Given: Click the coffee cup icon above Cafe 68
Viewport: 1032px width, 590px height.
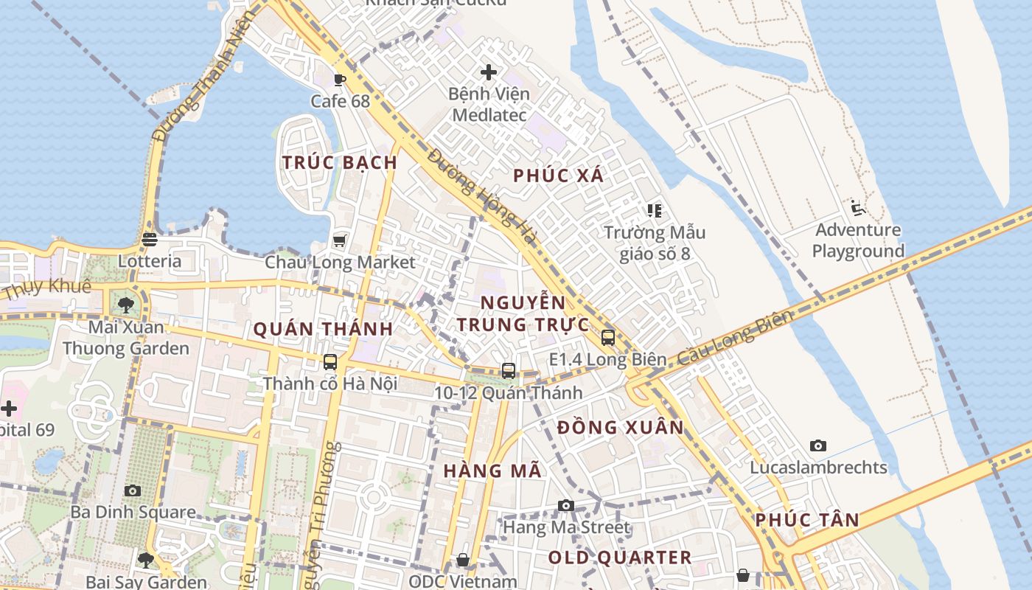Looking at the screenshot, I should click(339, 80).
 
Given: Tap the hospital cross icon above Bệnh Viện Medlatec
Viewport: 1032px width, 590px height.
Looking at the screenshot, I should click(488, 72).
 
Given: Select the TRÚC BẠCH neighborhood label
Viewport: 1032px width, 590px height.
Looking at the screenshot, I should click(340, 163).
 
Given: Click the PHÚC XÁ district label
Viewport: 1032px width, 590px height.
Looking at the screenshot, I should click(558, 176).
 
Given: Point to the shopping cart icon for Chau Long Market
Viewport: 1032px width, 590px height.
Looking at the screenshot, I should click(339, 240).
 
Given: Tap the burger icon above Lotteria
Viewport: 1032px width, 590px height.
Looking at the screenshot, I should click(150, 239).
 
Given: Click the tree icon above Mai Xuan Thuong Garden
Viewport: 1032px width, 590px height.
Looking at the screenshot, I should click(126, 305).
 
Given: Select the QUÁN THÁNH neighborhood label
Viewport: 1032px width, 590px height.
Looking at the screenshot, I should click(323, 330).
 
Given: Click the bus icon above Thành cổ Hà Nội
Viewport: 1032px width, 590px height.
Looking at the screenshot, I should click(330, 362).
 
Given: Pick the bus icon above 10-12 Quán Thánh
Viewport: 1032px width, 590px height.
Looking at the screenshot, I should click(508, 371).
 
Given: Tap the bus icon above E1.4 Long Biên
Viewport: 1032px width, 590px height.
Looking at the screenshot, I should click(608, 338).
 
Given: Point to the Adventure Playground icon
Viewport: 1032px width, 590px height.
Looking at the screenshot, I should click(857, 208).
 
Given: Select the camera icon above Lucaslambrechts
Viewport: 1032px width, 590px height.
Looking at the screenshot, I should click(818, 445).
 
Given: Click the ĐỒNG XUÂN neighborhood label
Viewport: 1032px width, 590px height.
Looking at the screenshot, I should click(621, 428).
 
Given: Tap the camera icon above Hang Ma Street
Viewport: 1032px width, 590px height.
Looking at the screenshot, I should click(566, 505).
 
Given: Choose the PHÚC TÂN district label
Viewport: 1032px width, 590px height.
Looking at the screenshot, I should click(807, 520).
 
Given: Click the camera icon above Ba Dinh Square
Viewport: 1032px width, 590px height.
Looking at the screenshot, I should click(133, 490).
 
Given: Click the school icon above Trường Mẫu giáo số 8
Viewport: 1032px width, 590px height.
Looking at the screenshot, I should click(654, 211).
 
